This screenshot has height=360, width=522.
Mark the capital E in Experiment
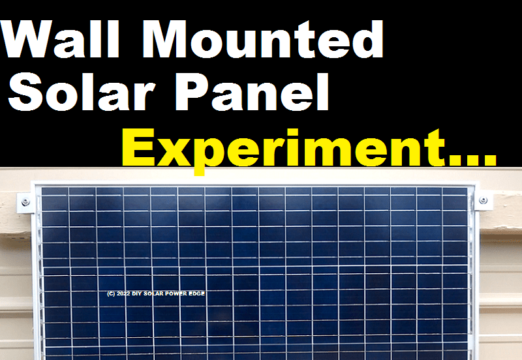[139, 148]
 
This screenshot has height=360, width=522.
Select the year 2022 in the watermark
[124, 294]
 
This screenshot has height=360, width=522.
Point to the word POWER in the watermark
[176, 294]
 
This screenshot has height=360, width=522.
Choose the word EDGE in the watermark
[197, 294]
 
